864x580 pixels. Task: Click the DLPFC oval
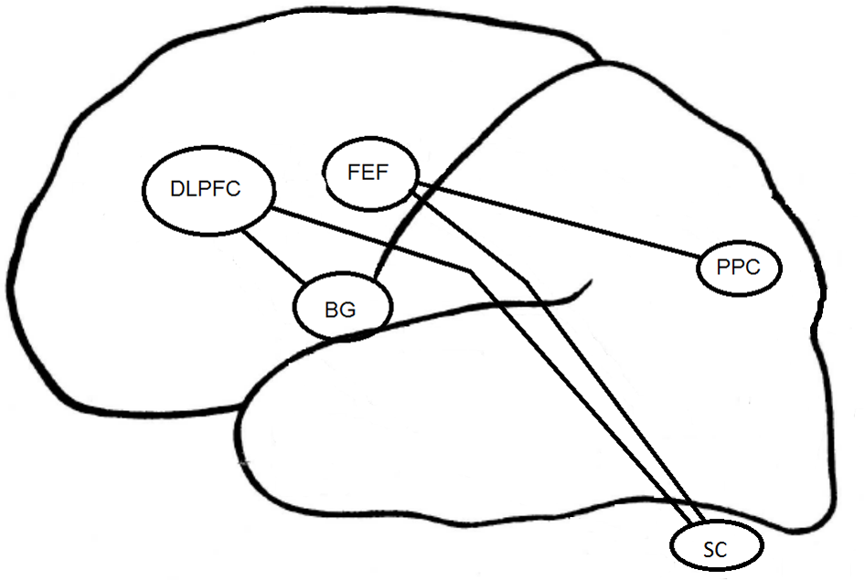208,188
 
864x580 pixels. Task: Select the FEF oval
370,172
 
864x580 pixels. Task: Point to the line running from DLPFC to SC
585,402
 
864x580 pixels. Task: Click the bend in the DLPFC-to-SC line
472,270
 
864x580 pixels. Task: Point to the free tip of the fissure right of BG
586,284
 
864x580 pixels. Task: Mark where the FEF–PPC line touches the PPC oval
702,258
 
